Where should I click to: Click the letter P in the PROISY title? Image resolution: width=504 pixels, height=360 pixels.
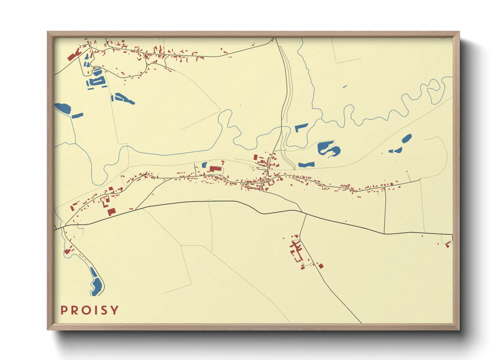point(64,310)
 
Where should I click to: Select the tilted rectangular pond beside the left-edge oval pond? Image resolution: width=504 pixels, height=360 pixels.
point(77,115)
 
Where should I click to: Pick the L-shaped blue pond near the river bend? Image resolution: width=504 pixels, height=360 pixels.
point(301,128)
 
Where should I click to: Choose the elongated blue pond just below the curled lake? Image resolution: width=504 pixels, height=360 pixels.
point(306,165)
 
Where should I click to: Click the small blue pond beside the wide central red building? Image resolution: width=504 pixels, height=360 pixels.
point(204,165)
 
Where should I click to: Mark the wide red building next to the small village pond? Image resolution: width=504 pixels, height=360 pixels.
point(215,168)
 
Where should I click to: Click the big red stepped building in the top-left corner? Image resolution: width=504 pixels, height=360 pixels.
point(73,55)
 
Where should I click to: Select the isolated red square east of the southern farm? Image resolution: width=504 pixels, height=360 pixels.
point(320,266)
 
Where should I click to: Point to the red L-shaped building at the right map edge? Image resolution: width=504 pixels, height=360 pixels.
point(449,244)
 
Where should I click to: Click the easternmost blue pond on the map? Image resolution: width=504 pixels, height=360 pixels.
point(407,138)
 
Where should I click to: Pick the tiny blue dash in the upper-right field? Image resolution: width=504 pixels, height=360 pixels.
point(345,86)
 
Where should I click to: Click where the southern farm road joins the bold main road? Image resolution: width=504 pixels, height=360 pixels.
point(305,214)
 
